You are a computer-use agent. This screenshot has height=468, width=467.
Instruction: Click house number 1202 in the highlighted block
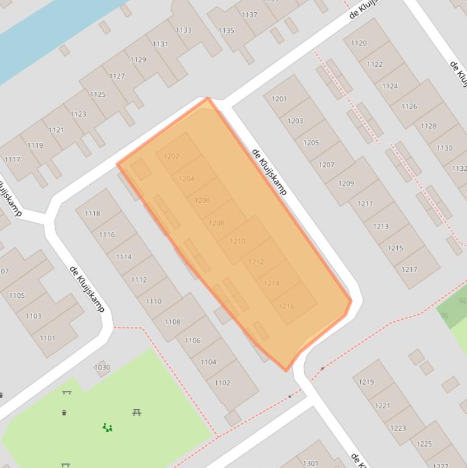tap(172, 156)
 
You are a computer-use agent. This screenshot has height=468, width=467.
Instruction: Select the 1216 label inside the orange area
tap(286, 306)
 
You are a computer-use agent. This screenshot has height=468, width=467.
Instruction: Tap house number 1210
tap(237, 241)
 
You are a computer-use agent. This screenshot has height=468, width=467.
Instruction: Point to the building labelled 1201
tap(279, 99)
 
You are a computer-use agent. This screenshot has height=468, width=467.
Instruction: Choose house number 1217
tap(409, 270)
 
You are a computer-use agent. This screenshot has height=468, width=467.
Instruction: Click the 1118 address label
tap(92, 213)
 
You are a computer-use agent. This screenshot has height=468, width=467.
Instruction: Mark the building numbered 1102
tap(222, 383)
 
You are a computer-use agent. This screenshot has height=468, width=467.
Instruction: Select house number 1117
tap(12, 160)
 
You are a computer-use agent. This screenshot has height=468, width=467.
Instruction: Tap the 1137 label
tap(250, 15)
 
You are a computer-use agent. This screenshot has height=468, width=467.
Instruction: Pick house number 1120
tap(359, 43)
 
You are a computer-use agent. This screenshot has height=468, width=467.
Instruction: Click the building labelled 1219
tap(366, 382)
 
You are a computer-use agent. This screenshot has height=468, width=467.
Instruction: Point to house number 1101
tap(47, 338)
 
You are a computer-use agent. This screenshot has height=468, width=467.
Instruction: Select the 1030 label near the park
tap(102, 368)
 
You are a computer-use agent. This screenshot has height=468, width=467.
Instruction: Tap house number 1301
tap(310, 463)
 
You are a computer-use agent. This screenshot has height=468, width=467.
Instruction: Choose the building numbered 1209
tap(346, 184)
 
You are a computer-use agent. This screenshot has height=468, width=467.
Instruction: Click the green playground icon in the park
tap(107, 428)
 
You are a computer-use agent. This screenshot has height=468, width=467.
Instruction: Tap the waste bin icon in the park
tap(64, 413)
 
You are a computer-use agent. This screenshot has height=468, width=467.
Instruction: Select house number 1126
tap(409, 107)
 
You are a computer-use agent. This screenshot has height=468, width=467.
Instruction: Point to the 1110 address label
tap(154, 301)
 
